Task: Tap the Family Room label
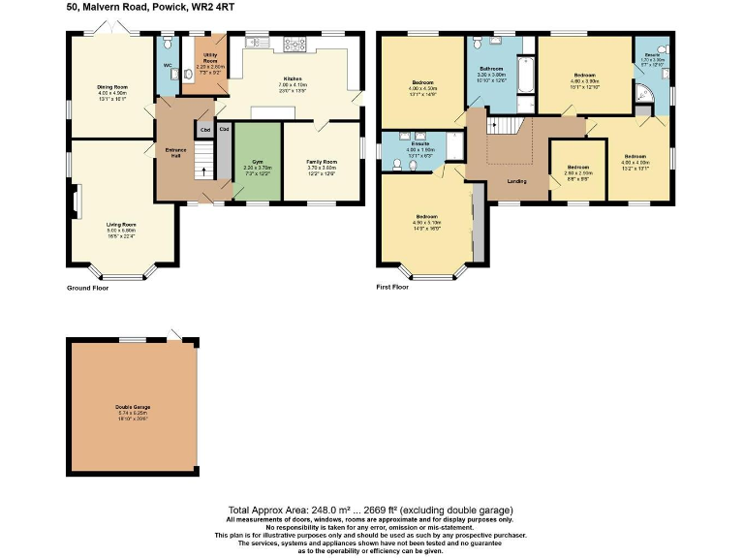[322, 161]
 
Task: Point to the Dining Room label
[112, 86]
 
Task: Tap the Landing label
[518, 181]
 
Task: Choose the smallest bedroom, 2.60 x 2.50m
[577, 169]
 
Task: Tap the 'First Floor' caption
[392, 288]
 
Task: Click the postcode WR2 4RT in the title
[213, 7]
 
